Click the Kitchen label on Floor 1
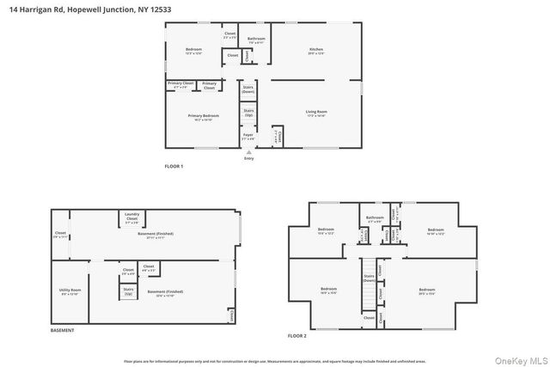click(x=316, y=51)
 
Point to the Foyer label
click(x=248, y=137)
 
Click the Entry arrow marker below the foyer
click(x=249, y=153)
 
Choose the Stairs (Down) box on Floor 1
click(x=248, y=89)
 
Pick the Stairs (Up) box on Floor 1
click(x=248, y=113)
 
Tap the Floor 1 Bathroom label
click(x=257, y=40)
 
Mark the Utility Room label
click(x=70, y=292)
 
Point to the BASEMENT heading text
click(x=62, y=331)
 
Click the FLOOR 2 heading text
click(x=296, y=335)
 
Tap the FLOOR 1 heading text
click(x=174, y=166)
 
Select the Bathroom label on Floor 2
click(x=373, y=219)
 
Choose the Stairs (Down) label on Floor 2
click(x=368, y=278)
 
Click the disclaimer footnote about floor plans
click(x=275, y=361)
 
